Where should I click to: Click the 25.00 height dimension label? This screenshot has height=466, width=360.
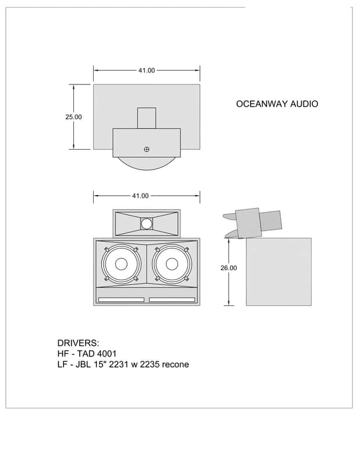click(x=73, y=117)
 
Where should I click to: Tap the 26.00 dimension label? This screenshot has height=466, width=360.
click(x=228, y=268)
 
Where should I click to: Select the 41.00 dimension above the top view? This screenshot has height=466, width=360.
click(x=147, y=70)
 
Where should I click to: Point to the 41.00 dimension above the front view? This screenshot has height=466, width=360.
click(x=140, y=196)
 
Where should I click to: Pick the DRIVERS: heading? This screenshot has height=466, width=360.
click(x=78, y=343)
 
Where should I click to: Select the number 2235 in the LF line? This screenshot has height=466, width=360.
click(x=150, y=364)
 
